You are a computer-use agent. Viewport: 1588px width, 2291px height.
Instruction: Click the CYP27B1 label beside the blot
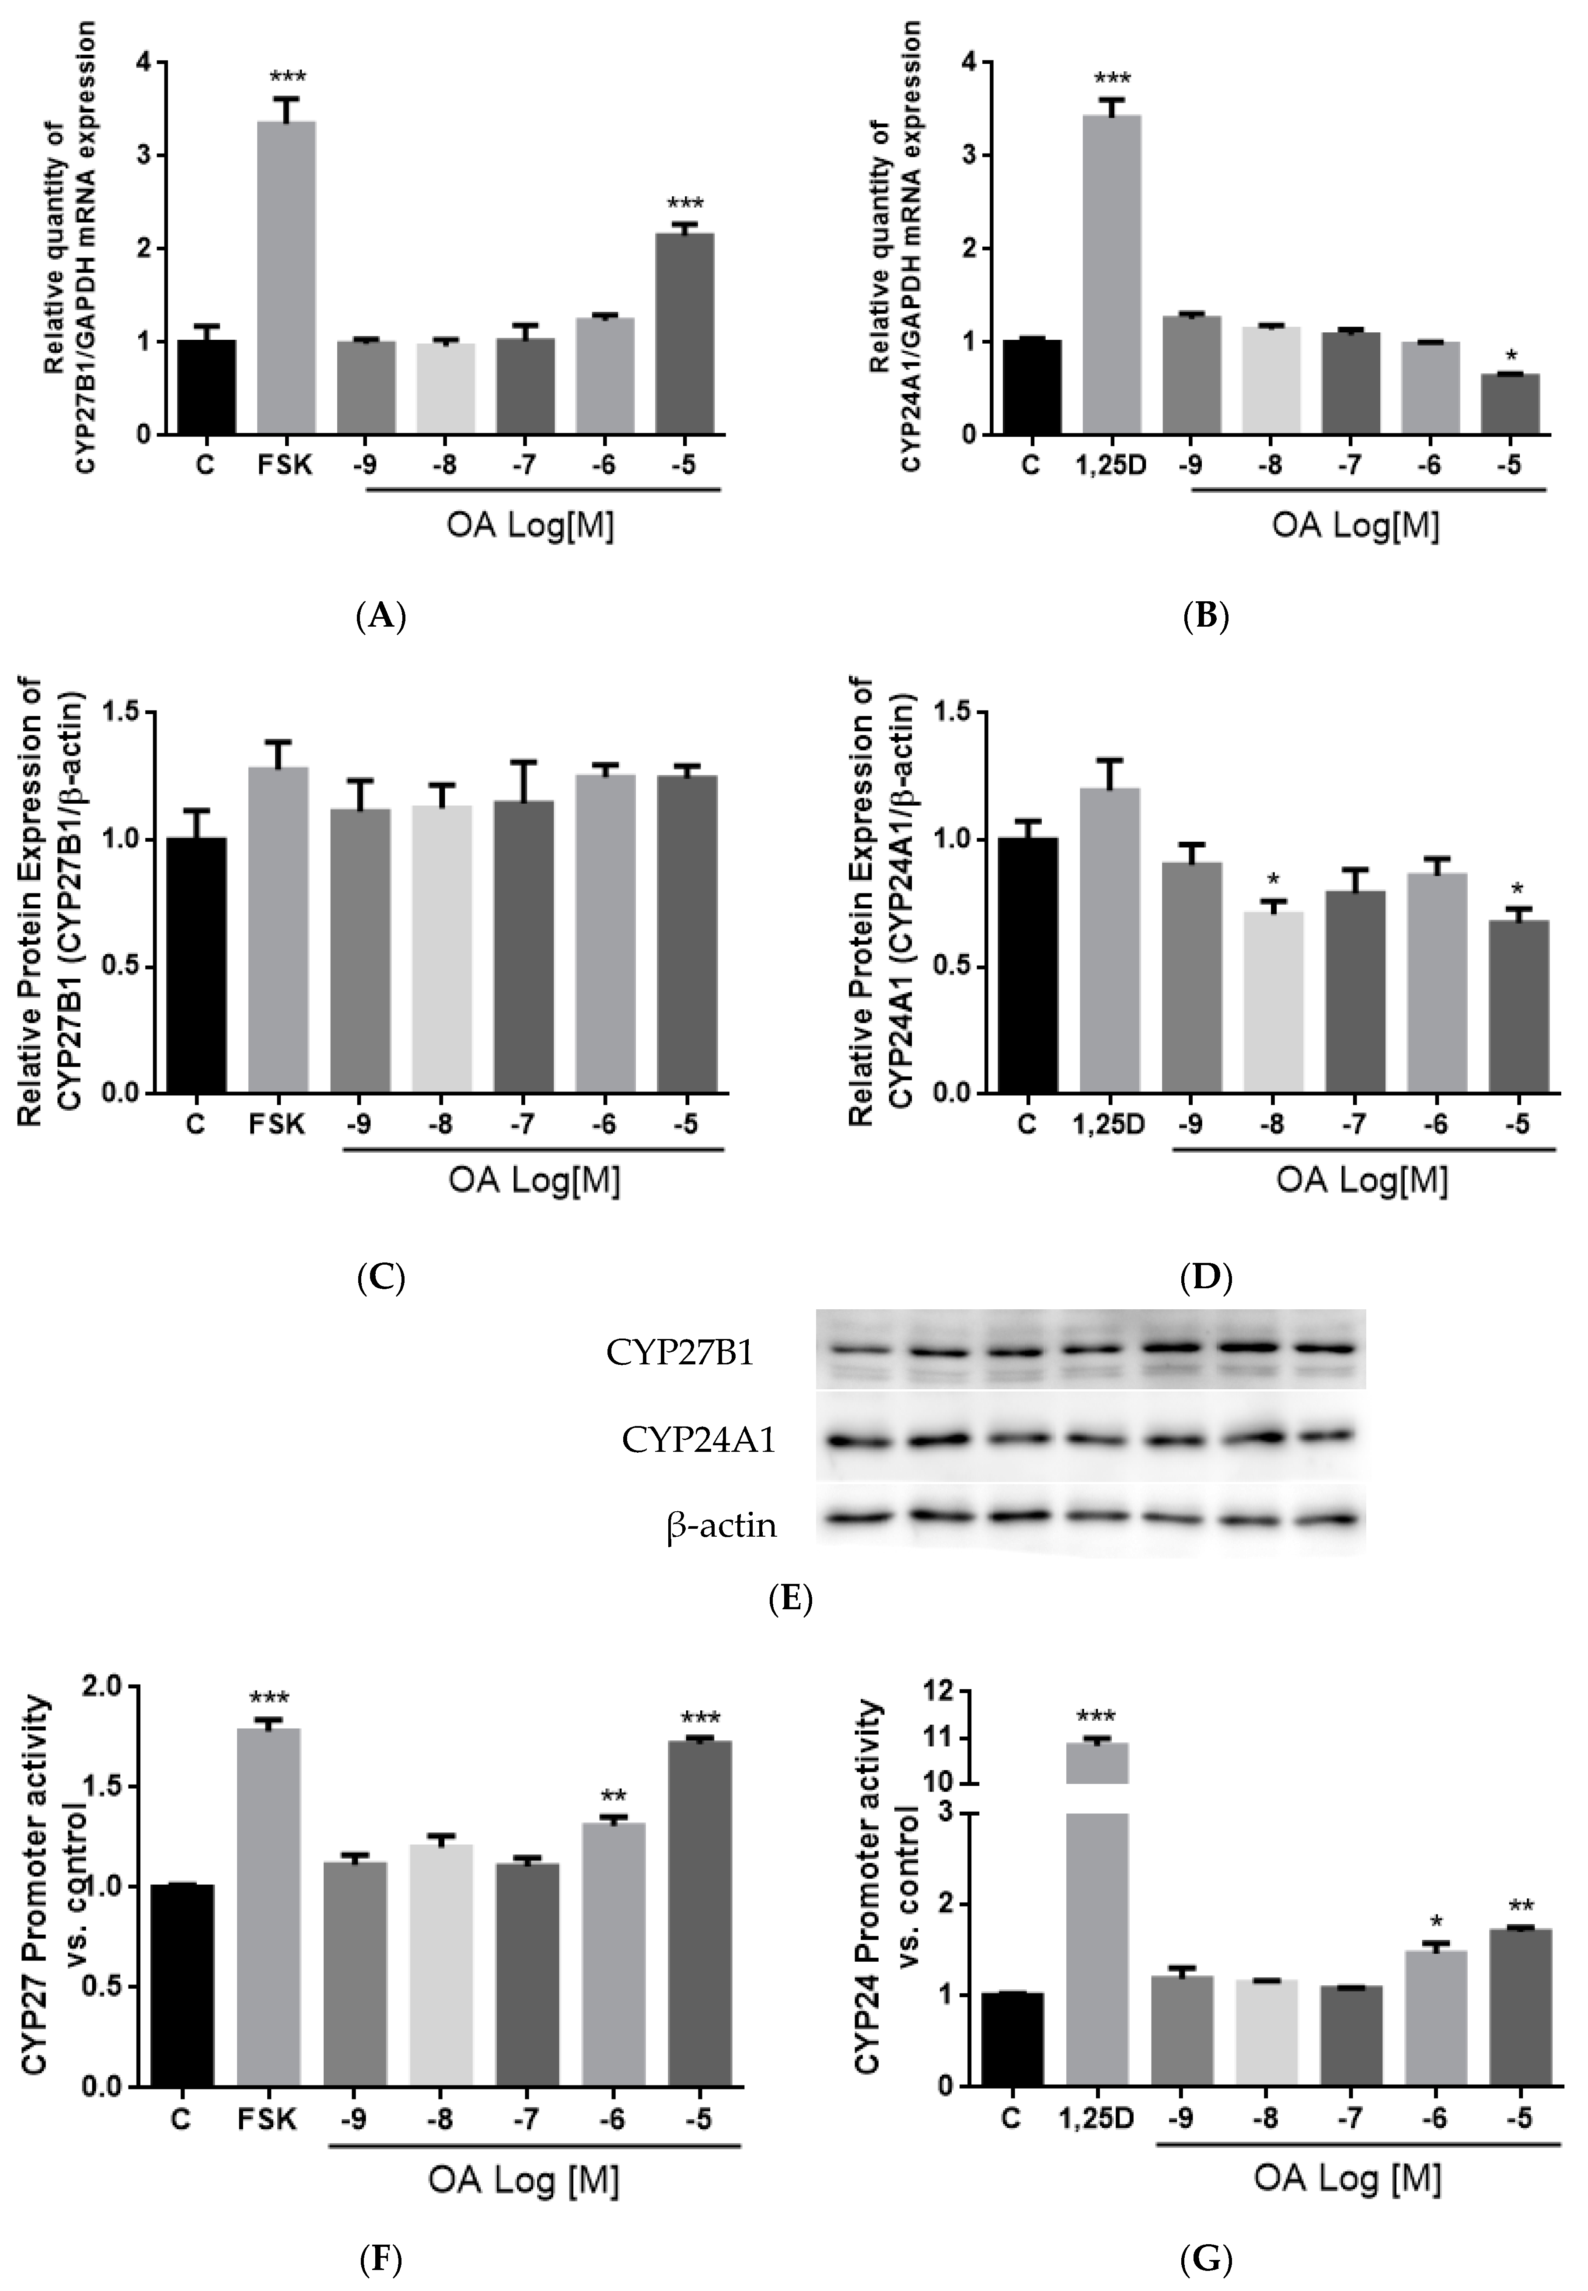[x=680, y=1354]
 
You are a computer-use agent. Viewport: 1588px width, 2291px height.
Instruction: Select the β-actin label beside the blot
[x=721, y=1525]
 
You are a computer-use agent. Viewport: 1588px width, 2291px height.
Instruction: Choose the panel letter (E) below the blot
[x=791, y=1600]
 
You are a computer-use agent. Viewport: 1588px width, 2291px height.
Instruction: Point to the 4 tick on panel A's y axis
[x=146, y=63]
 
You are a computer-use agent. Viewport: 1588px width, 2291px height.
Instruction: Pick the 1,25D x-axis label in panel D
[x=1108, y=1125]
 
